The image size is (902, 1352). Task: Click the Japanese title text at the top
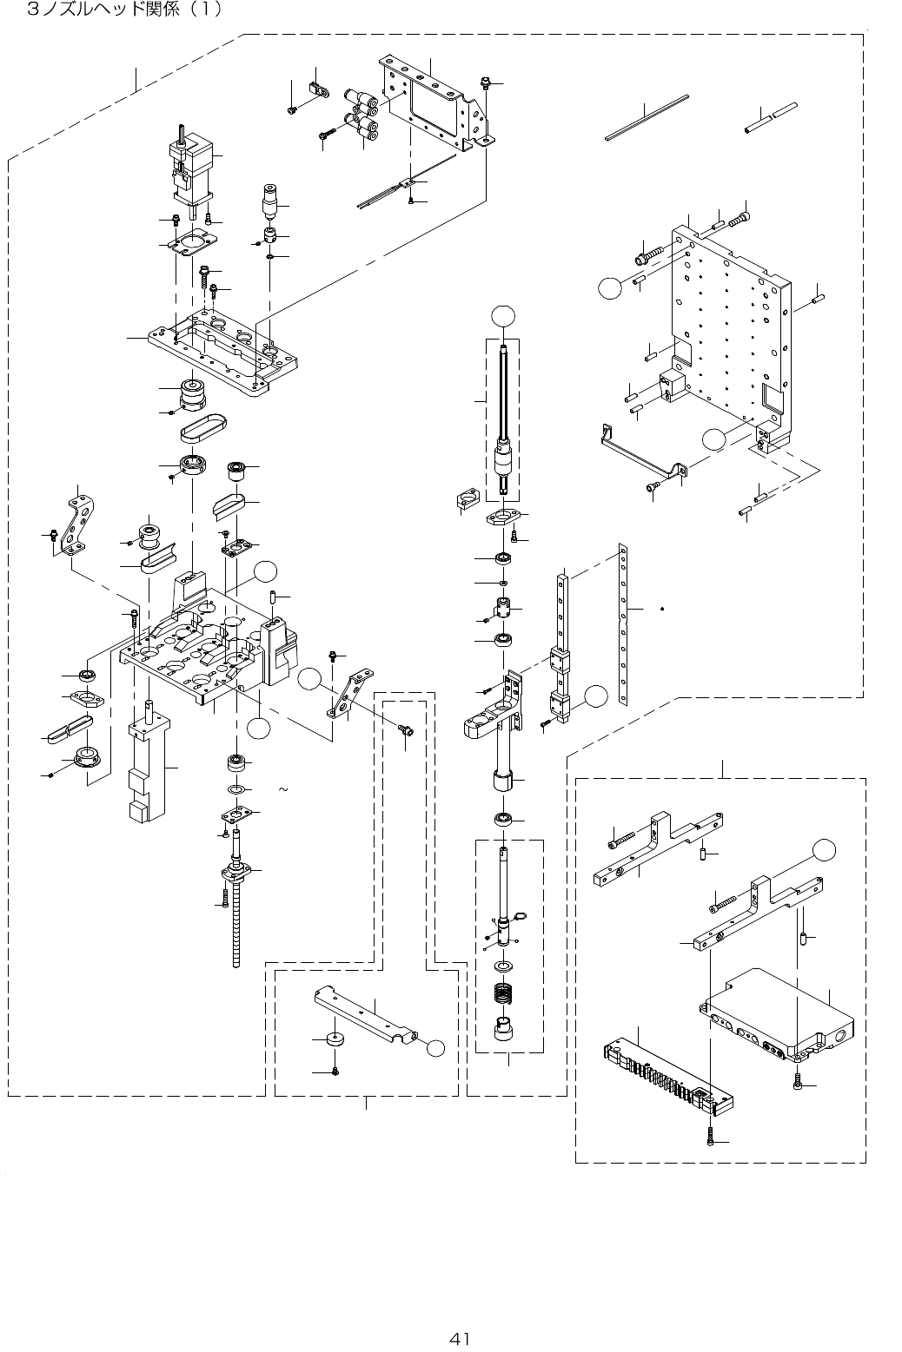[125, 9]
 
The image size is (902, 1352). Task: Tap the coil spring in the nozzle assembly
[503, 993]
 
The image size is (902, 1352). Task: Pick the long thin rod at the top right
[647, 118]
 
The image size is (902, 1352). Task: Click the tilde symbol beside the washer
[282, 789]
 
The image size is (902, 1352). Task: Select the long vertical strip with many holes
[623, 624]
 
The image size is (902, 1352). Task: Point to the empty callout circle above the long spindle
[503, 317]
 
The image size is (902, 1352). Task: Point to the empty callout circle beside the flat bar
[435, 1048]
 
